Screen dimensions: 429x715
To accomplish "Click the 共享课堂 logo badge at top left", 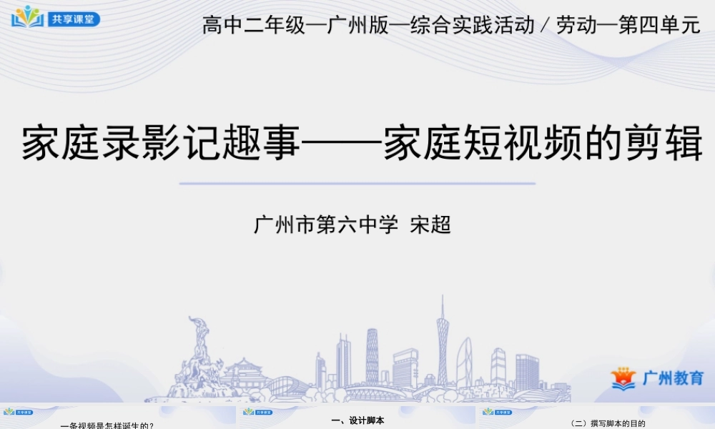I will pos(56,18).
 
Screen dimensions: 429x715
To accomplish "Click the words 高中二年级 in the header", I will pos(255,26).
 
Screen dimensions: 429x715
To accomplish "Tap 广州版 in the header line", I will pos(355,26).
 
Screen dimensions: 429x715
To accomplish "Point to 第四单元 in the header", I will pos(659,26).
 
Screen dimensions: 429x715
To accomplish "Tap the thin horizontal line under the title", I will pos(357,184).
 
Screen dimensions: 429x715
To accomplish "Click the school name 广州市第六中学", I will pos(326,225).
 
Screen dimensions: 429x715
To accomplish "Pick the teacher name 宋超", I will pos(430,225).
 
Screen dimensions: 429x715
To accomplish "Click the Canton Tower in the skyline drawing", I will pos(443,343).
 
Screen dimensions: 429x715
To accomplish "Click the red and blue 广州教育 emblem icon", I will pos(623,378).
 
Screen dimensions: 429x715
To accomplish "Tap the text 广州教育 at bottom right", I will pos(673,378).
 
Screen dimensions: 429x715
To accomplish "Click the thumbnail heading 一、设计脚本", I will pos(358,421).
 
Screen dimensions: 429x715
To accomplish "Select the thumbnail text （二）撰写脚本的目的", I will pos(608,423).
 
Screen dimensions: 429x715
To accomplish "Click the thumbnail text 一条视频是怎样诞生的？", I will pos(107,425).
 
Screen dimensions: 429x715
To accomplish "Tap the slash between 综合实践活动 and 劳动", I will pos(546,26).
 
